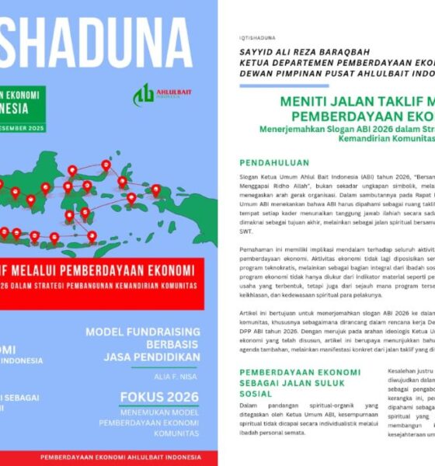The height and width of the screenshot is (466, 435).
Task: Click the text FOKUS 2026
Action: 159,397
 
